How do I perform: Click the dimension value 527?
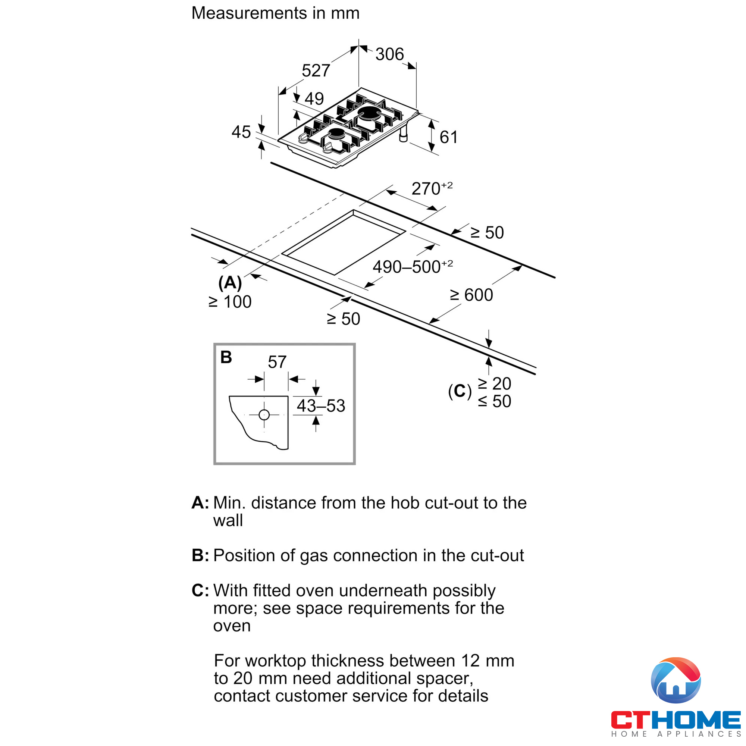point(316,70)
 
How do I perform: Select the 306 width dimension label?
point(390,54)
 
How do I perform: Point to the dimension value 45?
point(241,132)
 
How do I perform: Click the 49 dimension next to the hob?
point(314,99)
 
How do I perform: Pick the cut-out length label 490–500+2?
point(413,267)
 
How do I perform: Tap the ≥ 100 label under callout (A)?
point(230,302)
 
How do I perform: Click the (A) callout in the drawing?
point(230,283)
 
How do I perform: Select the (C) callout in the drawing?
point(460,392)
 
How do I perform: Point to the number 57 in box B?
point(277,362)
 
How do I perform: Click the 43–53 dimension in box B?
point(320,406)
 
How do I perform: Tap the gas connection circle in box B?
point(264,415)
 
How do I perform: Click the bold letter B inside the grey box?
point(226,357)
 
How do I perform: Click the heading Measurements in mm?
point(275,13)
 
